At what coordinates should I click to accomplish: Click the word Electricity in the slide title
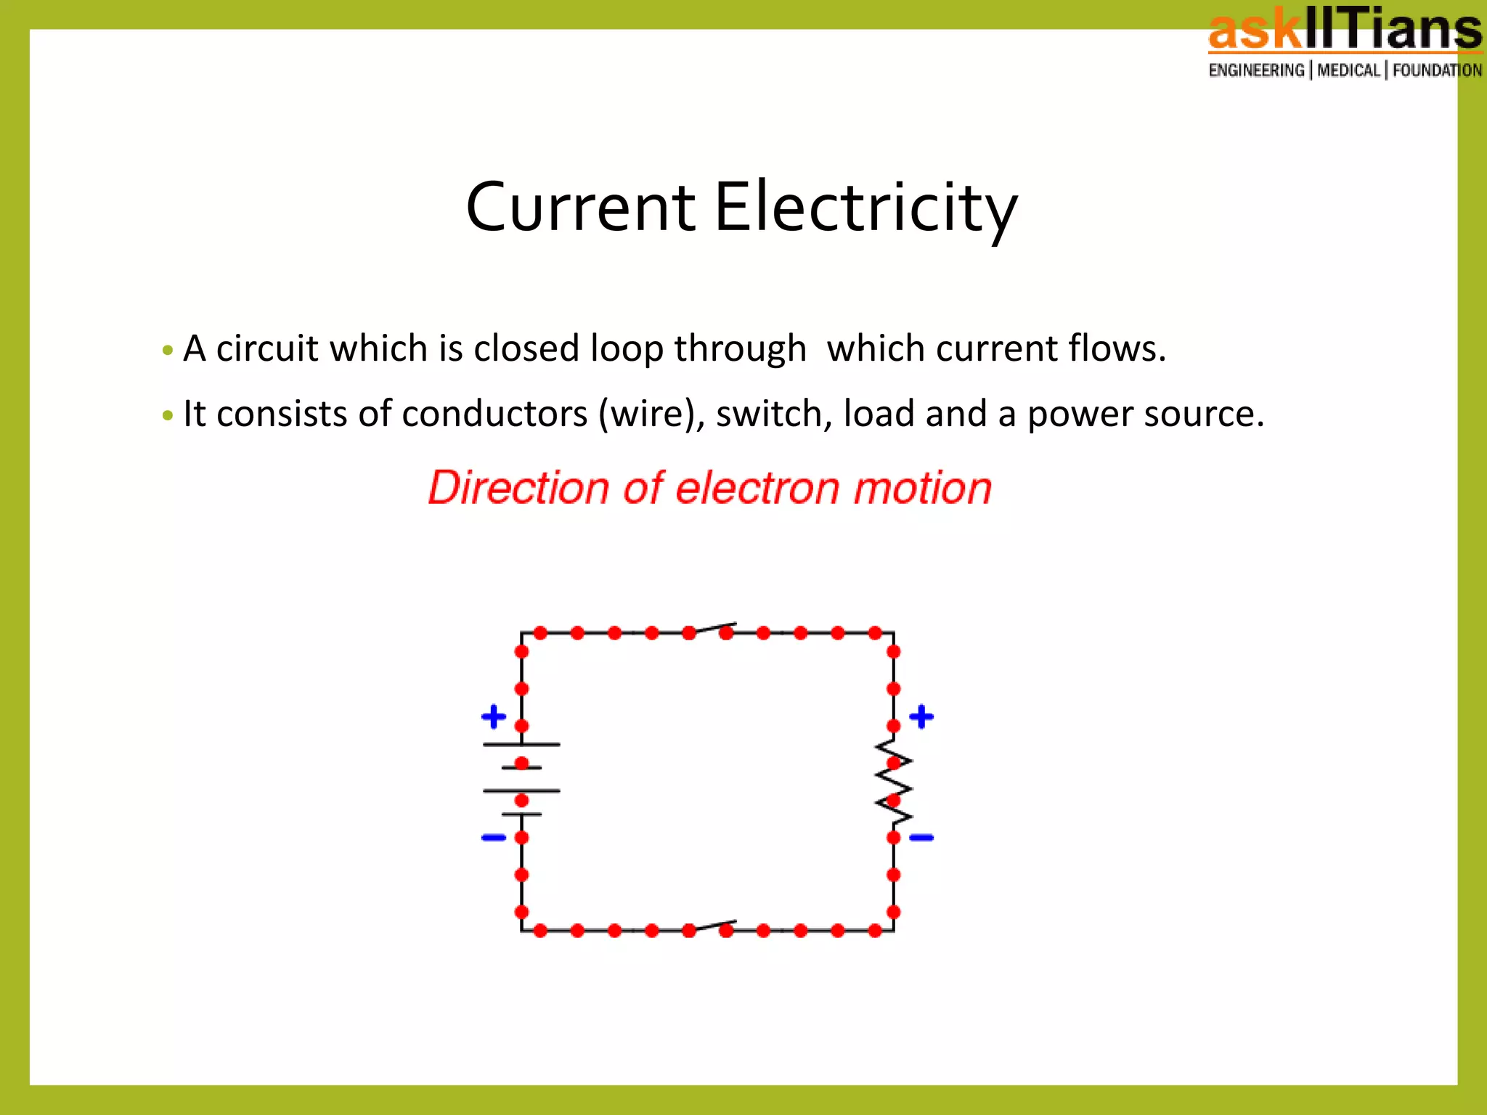coord(865,208)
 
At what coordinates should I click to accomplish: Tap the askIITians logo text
coord(1345,30)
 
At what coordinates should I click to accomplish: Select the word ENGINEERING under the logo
coord(1256,70)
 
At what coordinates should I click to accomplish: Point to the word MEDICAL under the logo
coord(1348,70)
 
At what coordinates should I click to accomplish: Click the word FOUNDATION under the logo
coord(1437,70)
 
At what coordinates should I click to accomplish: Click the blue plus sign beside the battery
coord(494,716)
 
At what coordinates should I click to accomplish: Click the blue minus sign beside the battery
coord(494,838)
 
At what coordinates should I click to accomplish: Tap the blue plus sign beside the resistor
coord(921,716)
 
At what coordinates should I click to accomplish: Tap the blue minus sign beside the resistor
coord(921,838)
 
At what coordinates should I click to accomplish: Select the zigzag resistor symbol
coord(894,783)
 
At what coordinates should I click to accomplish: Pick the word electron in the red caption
coord(757,488)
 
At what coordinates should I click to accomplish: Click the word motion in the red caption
coord(922,488)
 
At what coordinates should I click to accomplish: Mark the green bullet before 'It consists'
coord(168,416)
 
